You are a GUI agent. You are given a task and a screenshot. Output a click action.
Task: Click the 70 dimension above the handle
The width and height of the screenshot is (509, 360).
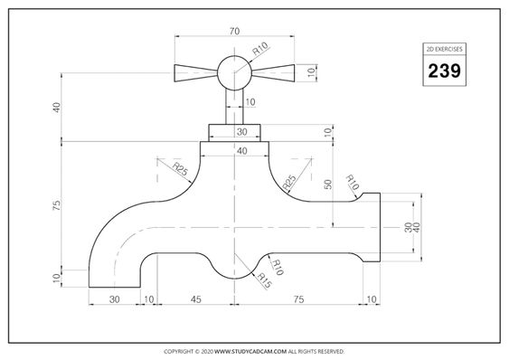[x=234, y=31]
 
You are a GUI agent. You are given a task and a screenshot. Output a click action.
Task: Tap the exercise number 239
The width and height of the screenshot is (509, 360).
[x=444, y=71]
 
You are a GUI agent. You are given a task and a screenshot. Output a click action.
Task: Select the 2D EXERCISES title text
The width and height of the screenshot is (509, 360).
[x=444, y=49]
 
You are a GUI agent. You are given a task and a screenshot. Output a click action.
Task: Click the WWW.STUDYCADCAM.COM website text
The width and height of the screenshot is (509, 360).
[x=250, y=351]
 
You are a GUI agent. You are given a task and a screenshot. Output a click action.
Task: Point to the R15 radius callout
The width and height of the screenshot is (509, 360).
[x=264, y=280]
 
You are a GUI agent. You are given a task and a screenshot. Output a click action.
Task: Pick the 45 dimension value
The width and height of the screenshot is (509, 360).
[x=196, y=299]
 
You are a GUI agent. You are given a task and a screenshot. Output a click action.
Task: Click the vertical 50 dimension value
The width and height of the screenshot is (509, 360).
[x=328, y=185]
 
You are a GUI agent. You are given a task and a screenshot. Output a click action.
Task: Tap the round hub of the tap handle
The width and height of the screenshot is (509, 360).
[x=234, y=72]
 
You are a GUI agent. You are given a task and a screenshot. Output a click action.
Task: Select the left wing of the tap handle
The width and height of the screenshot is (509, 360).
[x=196, y=73]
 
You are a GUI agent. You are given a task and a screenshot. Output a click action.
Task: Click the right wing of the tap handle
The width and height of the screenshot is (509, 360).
[x=273, y=73]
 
